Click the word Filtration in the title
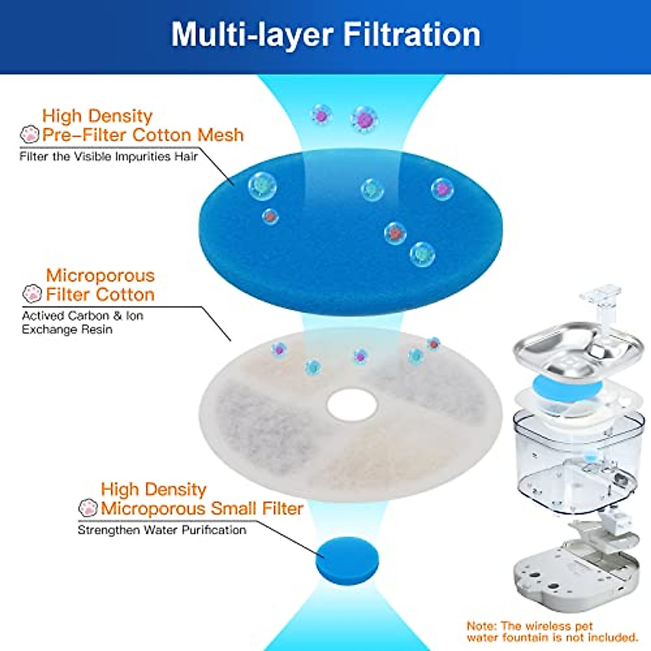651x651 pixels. [412, 34]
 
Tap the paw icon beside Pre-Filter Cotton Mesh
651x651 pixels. [29, 135]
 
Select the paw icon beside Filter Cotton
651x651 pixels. [33, 294]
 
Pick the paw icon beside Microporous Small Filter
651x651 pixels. [88, 508]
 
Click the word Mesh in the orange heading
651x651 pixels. [220, 135]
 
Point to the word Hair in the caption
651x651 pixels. [186, 156]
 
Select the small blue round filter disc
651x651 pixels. [347, 561]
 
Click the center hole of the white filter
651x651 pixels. [352, 405]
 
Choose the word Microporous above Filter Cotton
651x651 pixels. [100, 275]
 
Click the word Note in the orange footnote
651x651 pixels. [480, 627]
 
